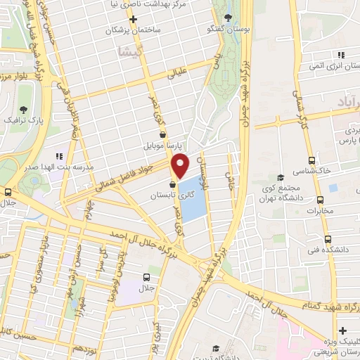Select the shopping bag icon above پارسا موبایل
click(x=163, y=134)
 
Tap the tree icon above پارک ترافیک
click(x=24, y=109)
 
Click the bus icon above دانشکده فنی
click(x=321, y=238)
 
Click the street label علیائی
click(x=181, y=71)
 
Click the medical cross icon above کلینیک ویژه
click(x=342, y=330)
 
